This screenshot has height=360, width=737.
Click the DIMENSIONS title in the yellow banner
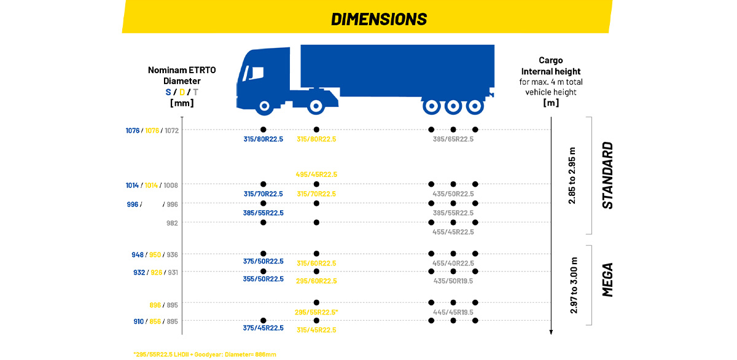[378, 19]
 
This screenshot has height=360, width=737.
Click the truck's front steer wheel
[264, 106]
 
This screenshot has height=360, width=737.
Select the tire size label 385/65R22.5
[453, 139]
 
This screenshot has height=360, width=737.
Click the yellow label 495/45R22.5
[316, 174]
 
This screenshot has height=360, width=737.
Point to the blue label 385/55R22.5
[263, 213]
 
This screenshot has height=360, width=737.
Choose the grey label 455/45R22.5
[453, 232]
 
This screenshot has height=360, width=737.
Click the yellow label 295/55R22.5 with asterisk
[317, 312]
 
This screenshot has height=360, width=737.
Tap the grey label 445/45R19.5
[453, 312]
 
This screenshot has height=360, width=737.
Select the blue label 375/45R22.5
[263, 328]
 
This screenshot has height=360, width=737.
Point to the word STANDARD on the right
[607, 176]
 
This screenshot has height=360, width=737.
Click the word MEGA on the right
[607, 280]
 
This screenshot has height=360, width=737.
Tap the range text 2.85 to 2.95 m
[572, 176]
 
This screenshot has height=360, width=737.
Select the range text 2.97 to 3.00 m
[572, 285]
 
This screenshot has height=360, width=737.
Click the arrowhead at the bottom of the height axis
[552, 332]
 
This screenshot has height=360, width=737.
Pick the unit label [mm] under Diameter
[182, 103]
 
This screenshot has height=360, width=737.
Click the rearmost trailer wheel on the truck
[473, 106]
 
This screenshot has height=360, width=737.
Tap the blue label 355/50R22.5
[263, 279]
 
